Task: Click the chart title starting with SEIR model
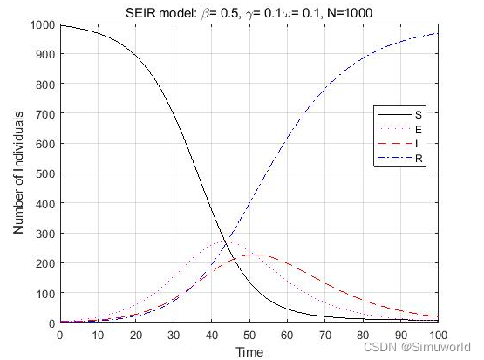point(249,11)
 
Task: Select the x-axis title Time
point(249,351)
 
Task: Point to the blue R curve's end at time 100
point(438,33)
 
